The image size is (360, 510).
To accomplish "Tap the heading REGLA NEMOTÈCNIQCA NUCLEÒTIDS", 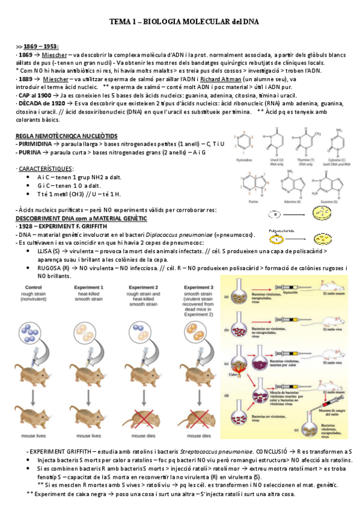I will coord(66,137).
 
